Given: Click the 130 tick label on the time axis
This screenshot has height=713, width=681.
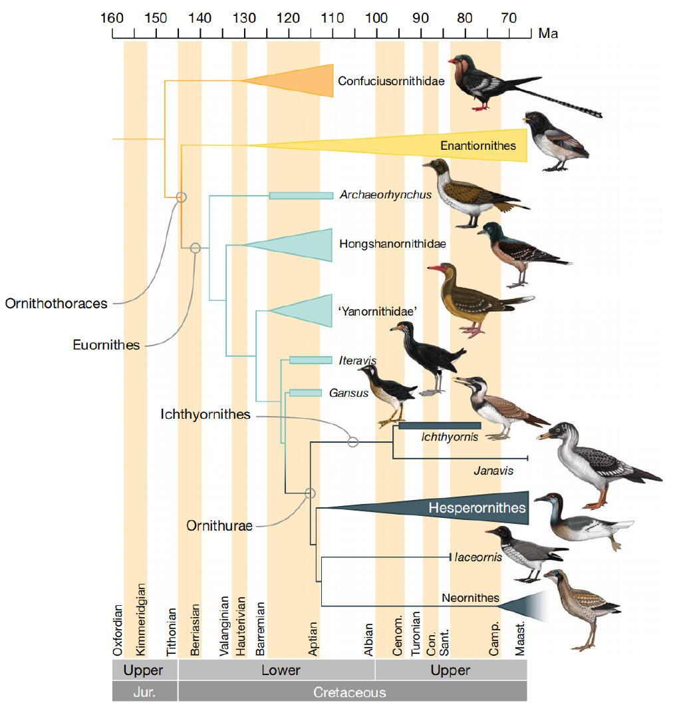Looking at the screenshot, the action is tap(244, 18).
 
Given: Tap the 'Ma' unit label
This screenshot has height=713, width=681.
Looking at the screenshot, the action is tap(548, 34).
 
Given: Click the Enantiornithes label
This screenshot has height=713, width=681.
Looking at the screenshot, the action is tap(478, 146).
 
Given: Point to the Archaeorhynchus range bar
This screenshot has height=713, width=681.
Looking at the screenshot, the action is tap(301, 196).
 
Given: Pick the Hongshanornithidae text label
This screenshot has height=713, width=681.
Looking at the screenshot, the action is tap(392, 244).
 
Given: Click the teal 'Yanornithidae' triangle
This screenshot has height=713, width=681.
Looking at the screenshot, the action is tap(301, 311).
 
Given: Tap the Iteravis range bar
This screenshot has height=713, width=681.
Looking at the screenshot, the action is tap(311, 360).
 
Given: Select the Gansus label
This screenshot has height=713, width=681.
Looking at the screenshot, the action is tap(348, 393).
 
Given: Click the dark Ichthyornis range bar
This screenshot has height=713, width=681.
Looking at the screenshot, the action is tap(440, 425).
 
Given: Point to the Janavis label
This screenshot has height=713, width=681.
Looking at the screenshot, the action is tap(493, 471).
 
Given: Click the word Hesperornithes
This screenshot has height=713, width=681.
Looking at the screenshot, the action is tap(477, 507).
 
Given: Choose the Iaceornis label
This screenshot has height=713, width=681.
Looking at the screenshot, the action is tap(478, 557).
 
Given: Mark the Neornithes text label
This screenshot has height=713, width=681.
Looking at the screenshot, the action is tap(470, 598).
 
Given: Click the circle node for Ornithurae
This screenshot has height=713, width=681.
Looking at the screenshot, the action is tap(310, 493).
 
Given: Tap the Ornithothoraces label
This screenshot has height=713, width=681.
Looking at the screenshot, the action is tap(57, 304).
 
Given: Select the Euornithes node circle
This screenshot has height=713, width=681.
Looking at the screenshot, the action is tap(196, 248).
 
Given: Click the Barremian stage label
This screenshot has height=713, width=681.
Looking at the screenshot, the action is tap(260, 629).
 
